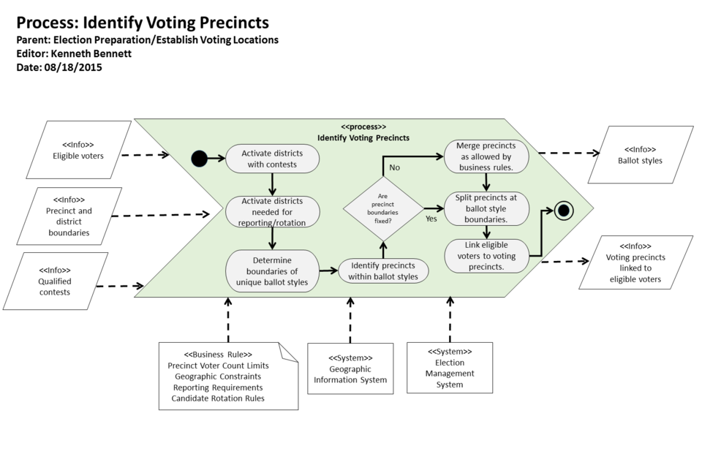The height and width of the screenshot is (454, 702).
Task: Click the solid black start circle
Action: pyautogui.click(x=198, y=159)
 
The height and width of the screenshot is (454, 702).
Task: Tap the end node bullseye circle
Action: pyautogui.click(x=562, y=211)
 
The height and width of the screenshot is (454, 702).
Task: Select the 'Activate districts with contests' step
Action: pyautogui.click(x=272, y=159)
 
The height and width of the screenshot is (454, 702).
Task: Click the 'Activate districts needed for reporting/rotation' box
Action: pyautogui.click(x=272, y=212)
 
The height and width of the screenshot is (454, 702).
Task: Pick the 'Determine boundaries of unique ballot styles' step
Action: pyautogui.click(x=272, y=271)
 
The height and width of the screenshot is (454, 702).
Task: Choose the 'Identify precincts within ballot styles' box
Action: pyautogui.click(x=384, y=270)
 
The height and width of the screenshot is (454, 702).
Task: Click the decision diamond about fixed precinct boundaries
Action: pyautogui.click(x=383, y=208)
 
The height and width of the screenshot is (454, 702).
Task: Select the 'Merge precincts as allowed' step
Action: pyautogui.click(x=486, y=156)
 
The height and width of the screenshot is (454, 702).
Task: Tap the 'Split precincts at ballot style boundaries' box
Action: pyautogui.click(x=486, y=208)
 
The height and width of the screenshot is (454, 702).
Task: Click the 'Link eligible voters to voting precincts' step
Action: pyautogui.click(x=486, y=255)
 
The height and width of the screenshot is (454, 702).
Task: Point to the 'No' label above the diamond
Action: pyautogui.click(x=394, y=167)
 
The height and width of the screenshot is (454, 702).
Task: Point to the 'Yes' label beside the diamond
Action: pyautogui.click(x=431, y=218)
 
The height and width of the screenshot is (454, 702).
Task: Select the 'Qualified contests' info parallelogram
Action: pyautogui.click(x=55, y=281)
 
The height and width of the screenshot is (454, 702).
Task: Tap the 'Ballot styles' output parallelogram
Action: pyautogui.click(x=640, y=155)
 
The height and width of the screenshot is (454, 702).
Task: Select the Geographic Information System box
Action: pyautogui.click(x=350, y=368)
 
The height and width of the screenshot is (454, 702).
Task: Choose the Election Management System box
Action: pyautogui.click(x=449, y=368)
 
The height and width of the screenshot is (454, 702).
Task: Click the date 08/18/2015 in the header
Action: pyautogui.click(x=73, y=67)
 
